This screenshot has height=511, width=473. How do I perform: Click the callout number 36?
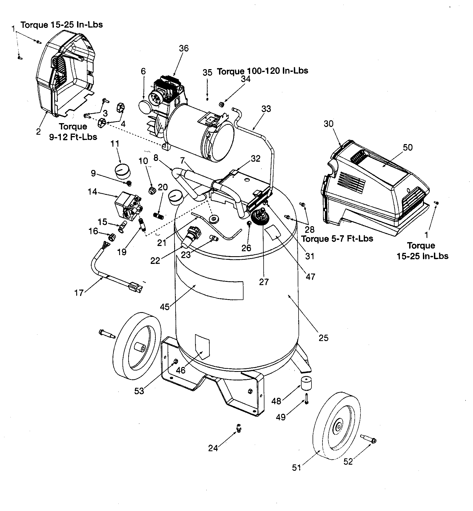point(184,48)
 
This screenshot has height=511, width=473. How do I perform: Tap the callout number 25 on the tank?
point(323,338)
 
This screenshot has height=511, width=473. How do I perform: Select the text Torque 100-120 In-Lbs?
point(263,71)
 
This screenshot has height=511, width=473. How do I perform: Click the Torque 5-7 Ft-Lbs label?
point(337,238)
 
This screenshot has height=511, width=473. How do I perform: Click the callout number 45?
point(165,307)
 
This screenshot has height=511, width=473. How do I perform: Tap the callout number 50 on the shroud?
point(408,147)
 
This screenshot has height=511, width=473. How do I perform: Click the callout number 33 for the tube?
point(266,109)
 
